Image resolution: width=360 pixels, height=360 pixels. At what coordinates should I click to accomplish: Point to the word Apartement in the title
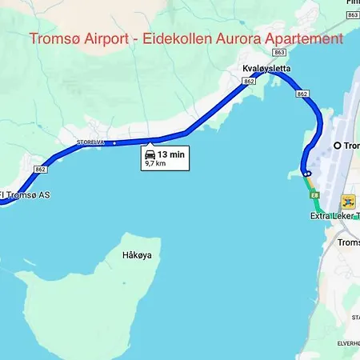306,38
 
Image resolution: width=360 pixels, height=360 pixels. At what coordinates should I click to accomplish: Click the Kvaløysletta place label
266,70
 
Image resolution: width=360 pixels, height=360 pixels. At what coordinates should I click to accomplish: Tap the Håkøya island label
138,255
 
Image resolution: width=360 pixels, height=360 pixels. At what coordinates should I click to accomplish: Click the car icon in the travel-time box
150,154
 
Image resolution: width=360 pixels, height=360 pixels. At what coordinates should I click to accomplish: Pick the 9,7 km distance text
156,163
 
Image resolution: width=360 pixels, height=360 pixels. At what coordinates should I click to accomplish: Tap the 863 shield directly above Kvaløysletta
278,51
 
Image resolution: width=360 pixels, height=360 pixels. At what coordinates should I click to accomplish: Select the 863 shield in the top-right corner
353,15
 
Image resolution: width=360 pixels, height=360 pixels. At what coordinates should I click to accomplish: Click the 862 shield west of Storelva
42,169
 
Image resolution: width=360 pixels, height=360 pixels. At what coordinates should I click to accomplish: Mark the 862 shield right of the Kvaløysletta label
302,94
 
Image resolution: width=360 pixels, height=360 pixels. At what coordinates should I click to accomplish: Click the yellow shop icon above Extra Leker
348,201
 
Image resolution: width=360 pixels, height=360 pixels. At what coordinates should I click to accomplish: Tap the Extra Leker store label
335,216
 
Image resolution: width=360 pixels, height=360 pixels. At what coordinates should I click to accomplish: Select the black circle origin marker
337,145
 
